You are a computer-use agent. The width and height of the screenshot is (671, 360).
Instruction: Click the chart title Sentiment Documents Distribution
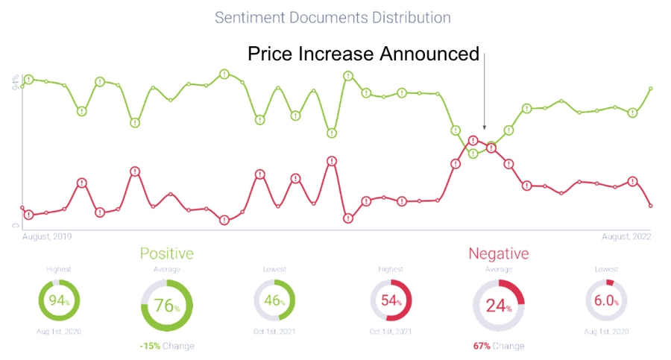point(333,16)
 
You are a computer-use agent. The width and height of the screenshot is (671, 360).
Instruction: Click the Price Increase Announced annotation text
point(363,54)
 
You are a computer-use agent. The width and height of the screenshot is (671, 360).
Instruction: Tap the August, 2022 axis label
point(626,236)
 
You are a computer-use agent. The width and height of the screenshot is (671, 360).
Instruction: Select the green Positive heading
point(166,253)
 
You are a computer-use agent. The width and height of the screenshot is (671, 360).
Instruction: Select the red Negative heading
point(498,253)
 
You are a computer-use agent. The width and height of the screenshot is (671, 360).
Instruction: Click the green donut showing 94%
point(59,302)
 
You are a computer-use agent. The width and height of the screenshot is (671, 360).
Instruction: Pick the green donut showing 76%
point(166,306)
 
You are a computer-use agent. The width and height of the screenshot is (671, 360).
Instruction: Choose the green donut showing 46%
point(274,302)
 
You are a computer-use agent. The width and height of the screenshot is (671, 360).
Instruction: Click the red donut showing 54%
point(391,302)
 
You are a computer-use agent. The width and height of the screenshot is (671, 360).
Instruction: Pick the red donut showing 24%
point(499,306)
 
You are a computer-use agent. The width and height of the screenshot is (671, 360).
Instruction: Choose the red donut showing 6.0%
point(606,302)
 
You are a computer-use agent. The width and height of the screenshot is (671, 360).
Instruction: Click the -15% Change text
point(166,346)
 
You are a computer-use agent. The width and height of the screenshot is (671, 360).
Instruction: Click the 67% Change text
point(498,346)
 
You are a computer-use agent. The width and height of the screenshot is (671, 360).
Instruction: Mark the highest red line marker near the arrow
point(473,140)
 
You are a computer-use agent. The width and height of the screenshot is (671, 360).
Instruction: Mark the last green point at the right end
point(651,89)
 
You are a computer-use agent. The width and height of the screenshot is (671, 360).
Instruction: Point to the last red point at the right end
point(651,205)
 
